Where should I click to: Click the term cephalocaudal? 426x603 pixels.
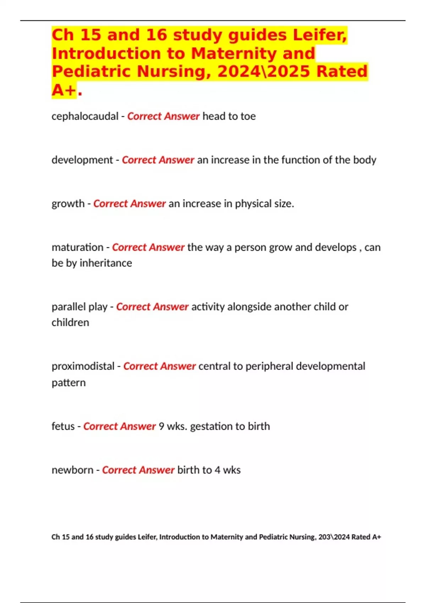[x=85, y=116]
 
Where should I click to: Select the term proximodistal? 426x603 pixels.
[x=83, y=366]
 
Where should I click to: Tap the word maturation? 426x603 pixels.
[x=77, y=247]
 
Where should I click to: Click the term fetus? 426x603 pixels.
[x=63, y=426]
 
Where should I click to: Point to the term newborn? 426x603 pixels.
[x=72, y=470]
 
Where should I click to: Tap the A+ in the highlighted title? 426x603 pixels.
[x=64, y=89]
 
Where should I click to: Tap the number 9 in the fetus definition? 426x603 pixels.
[x=162, y=426]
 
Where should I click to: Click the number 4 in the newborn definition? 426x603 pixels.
[x=217, y=470]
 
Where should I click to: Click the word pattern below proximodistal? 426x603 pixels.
[x=69, y=383]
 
